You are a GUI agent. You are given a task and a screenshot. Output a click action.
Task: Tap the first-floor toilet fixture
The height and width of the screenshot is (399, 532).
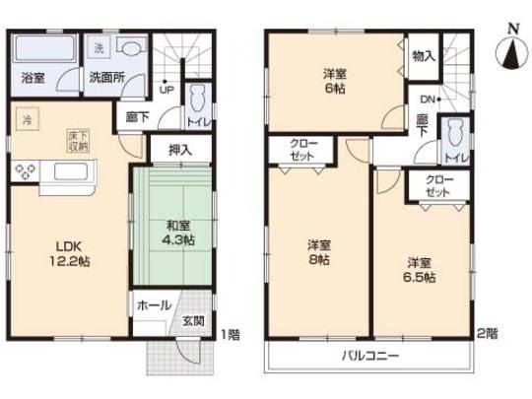[195, 99]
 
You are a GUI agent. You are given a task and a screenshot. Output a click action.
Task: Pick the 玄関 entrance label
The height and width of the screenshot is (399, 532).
[193, 321]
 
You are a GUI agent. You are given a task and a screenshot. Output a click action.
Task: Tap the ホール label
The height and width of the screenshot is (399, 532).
[153, 305]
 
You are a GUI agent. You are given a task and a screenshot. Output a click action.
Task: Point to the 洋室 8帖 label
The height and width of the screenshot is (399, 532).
[317, 251]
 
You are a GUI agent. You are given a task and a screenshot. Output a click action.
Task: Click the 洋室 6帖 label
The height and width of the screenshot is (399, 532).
[335, 79]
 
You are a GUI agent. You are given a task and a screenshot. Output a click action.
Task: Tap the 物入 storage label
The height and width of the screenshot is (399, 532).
[424, 57]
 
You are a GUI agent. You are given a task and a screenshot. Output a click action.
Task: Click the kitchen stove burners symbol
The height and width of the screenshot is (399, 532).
[26, 173]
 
